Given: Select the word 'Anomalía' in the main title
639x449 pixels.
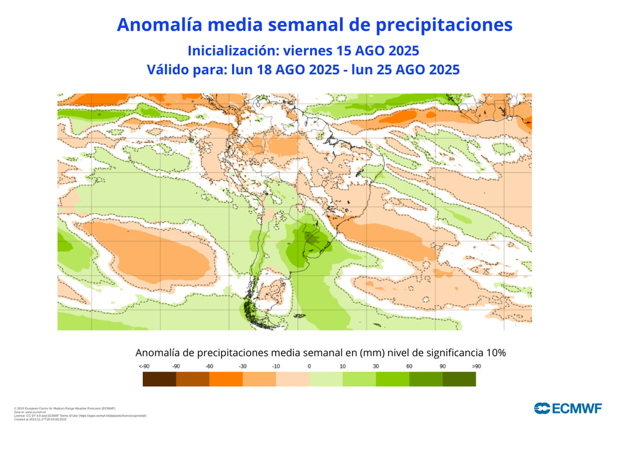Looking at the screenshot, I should pos(159,24).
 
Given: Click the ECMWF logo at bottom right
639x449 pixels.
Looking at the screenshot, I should pos(567,408).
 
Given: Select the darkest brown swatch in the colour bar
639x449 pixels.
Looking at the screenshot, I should pos(159,379).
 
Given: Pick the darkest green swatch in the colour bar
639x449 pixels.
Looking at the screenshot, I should pos(459,379).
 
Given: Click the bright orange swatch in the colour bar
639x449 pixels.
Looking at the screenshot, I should pos(225,379).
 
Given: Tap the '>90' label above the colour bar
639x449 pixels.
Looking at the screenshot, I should pos(476,366).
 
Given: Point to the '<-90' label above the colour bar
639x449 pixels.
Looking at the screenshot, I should pos(144,366).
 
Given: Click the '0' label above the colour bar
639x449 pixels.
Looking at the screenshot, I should pos(309,366).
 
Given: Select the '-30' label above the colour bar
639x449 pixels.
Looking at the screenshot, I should pos(242,366).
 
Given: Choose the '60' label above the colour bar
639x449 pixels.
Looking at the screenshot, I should pos(409,366).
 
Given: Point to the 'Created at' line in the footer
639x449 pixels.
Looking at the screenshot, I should pos(40,419).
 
